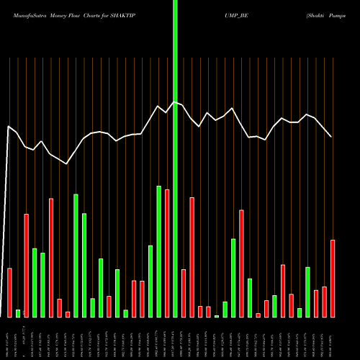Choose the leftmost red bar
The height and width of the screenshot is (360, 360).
pos(10,292)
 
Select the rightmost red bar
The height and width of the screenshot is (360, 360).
pos(333,278)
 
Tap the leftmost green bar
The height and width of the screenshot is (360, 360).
pos(18,313)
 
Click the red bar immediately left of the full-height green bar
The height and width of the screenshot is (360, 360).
pos(167,253)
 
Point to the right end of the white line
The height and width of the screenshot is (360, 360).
pos(332,137)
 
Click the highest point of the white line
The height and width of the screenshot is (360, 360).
pos(175,102)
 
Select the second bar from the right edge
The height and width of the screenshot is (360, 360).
pos(325,302)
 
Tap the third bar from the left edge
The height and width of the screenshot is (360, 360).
pos(27,265)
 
